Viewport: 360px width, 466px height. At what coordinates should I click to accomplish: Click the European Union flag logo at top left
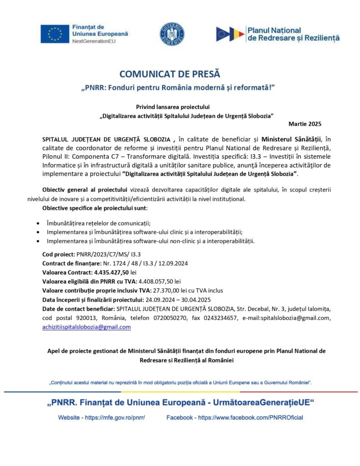pyautogui.click(x=55, y=34)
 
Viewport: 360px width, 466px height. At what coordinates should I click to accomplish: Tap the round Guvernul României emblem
pyautogui.click(x=172, y=34)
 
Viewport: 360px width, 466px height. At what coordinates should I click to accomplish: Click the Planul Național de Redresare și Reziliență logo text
pyautogui.click(x=293, y=34)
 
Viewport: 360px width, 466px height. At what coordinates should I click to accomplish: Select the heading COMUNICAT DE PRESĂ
pyautogui.click(x=169, y=74)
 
